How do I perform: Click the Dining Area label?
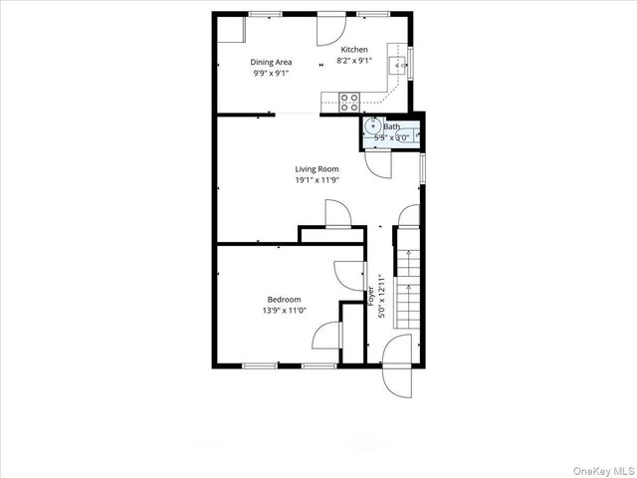pyautogui.click(x=271, y=62)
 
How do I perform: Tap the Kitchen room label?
pyautogui.click(x=354, y=50)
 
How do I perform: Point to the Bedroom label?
pyautogui.click(x=284, y=300)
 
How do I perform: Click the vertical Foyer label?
pyautogui.click(x=372, y=297)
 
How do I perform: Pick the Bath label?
pyautogui.click(x=391, y=126)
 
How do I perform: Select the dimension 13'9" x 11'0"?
pyautogui.click(x=284, y=311)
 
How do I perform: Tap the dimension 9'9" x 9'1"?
pyautogui.click(x=271, y=73)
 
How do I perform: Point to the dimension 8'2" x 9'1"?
pyautogui.click(x=354, y=61)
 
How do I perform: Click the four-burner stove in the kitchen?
pyautogui.click(x=349, y=100)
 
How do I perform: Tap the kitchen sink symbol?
pyautogui.click(x=401, y=65)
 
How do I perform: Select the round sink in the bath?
pyautogui.click(x=372, y=126)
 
